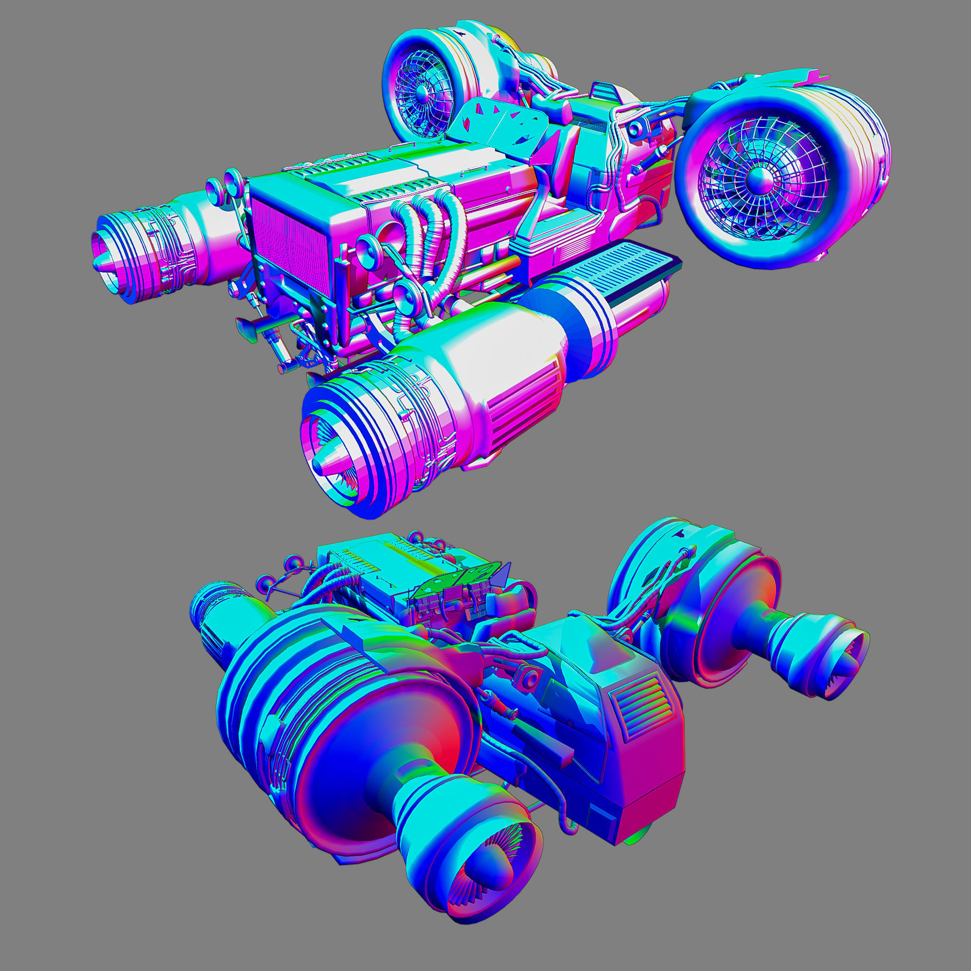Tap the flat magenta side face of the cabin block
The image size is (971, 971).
click(x=648, y=769)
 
